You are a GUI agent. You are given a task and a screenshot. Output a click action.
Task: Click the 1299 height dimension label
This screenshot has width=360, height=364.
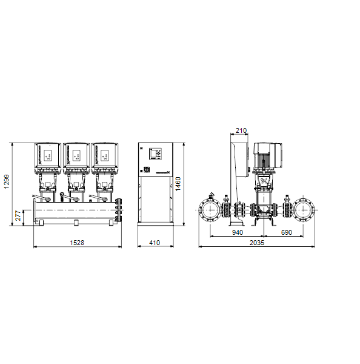coord(7,182)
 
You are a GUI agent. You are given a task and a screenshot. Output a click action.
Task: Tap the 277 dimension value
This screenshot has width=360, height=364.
coord(18,215)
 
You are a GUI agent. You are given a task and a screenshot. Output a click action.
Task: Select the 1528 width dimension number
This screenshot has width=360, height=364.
coord(77,243)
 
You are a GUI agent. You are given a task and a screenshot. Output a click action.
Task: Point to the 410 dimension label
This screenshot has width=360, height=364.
coord(155,243)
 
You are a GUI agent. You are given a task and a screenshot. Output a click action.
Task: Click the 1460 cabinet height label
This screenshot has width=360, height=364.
coord(178,184)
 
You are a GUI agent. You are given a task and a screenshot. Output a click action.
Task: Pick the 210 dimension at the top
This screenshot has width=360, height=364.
coord(241,130)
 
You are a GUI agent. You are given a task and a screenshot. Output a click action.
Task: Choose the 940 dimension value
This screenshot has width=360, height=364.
coord(238,232)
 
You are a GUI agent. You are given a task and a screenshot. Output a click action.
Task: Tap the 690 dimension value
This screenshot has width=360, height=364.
coord(287,232)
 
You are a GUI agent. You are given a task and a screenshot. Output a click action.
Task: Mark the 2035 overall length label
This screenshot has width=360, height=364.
coord(257,243)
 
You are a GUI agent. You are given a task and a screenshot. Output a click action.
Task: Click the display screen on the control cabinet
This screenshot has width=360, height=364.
coord(153,153)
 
